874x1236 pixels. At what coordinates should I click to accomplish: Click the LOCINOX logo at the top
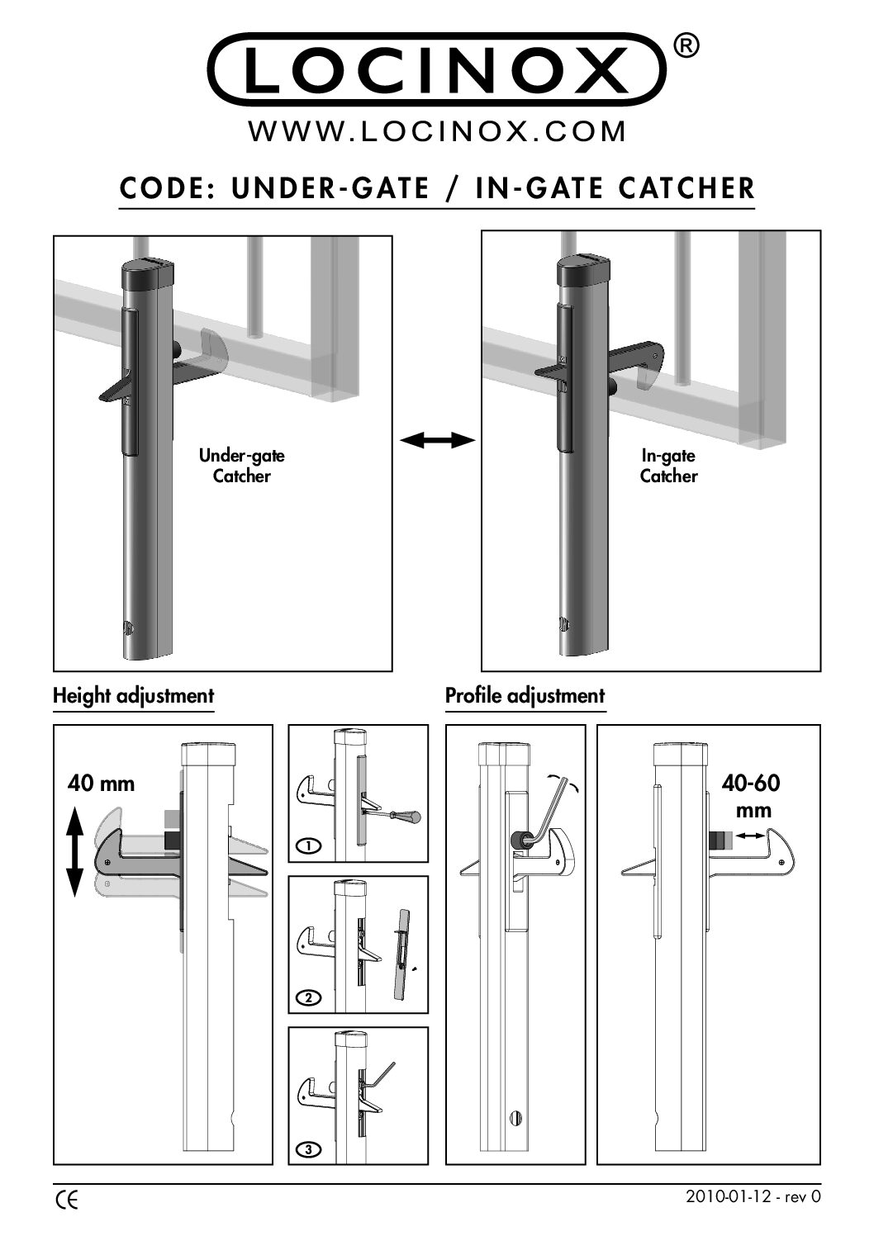pos(437,69)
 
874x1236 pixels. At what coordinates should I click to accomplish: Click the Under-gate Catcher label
pos(241,466)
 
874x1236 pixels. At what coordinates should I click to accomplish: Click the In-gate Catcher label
pos(668,466)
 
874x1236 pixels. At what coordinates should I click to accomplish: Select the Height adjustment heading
pos(133,696)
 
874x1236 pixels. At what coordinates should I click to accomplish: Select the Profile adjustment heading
pos(525,696)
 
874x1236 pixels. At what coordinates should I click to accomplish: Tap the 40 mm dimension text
pos(101,783)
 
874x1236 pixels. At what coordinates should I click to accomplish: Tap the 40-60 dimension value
pos(750,782)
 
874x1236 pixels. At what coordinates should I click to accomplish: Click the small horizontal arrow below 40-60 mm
pos(750,837)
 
